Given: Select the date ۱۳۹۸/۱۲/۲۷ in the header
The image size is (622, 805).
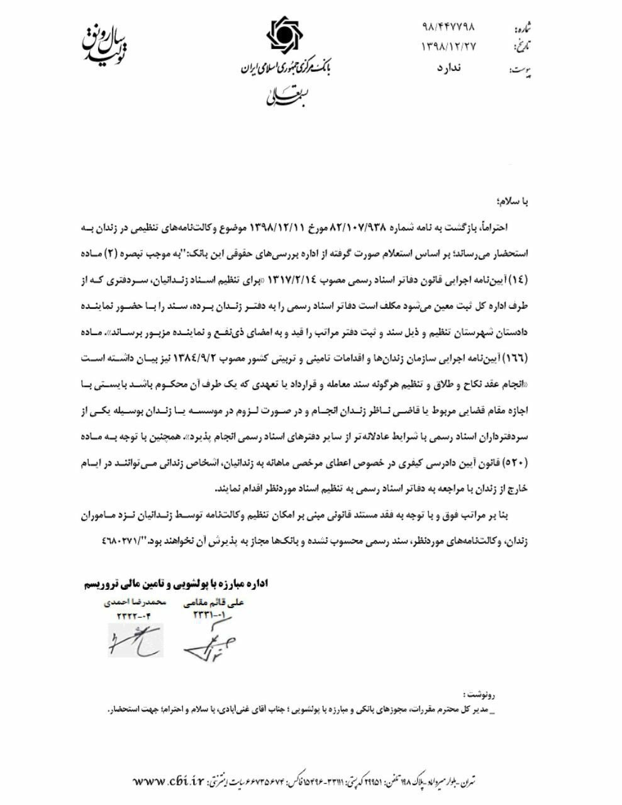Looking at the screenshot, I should click(x=448, y=47).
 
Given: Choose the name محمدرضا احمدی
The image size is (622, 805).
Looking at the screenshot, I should click(x=135, y=602).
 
